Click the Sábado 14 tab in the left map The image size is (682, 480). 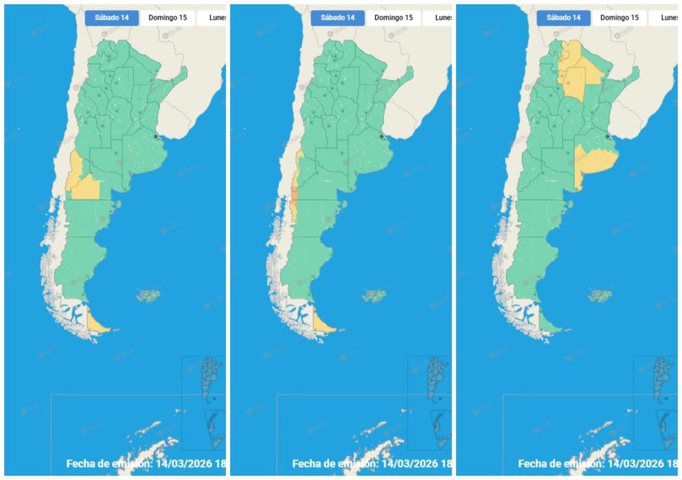tap(112, 17)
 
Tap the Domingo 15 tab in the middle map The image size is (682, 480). tap(394, 17)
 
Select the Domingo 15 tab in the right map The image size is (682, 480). tap(619, 17)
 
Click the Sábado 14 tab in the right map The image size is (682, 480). tap(563, 17)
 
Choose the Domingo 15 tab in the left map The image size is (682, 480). tap(168, 17)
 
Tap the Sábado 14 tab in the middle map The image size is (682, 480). tap(338, 17)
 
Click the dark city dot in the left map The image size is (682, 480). tap(156, 136)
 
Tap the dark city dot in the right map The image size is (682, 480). tap(607, 136)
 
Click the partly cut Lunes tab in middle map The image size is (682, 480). tap(444, 17)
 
